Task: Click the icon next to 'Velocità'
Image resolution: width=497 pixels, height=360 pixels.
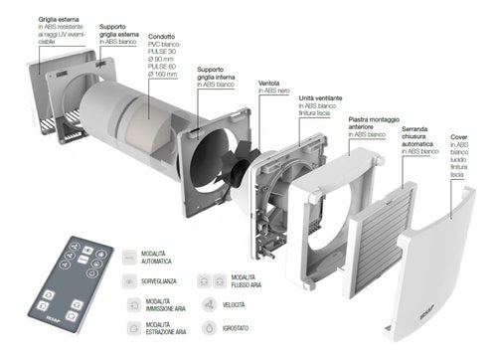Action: (209, 304)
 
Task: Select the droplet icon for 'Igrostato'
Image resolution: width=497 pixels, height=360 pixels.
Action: (209, 327)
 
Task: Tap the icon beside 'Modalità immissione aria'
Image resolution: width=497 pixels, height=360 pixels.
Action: (132, 304)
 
